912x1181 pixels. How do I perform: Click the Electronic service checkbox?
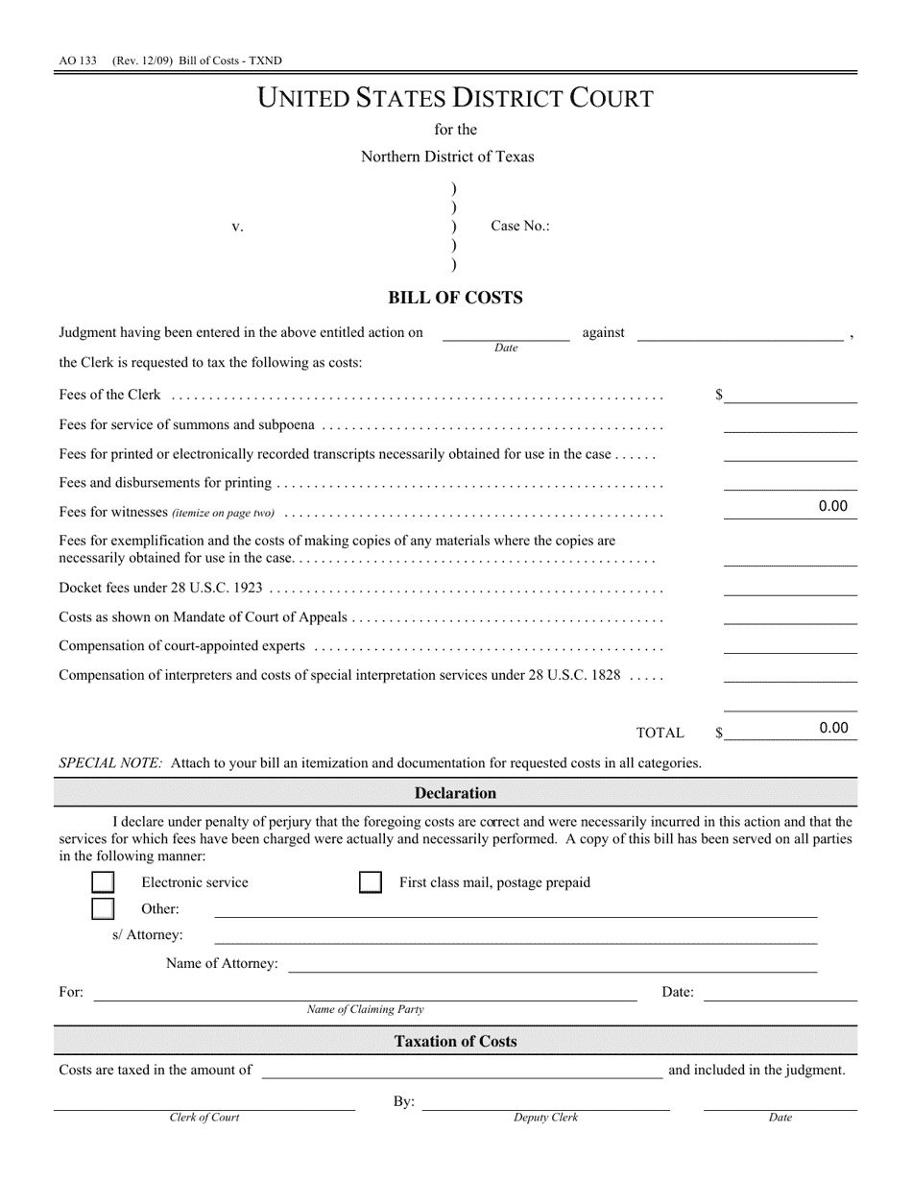click(x=103, y=882)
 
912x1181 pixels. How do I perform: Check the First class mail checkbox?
click(x=370, y=882)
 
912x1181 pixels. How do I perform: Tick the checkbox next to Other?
click(x=103, y=908)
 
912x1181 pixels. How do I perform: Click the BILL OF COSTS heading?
click(x=455, y=298)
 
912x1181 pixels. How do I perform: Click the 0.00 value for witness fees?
click(x=832, y=507)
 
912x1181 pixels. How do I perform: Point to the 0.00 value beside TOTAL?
click(x=833, y=728)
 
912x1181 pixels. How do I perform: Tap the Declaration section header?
click(x=455, y=793)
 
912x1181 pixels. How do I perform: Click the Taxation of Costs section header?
click(x=455, y=1041)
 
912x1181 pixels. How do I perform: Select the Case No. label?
click(x=520, y=227)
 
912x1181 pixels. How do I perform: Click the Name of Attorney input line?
click(x=552, y=963)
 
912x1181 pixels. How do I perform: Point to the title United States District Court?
click(x=455, y=98)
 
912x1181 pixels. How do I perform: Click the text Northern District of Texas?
click(x=447, y=157)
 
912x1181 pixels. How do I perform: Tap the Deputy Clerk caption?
click(x=545, y=1118)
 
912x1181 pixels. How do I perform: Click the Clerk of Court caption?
click(x=204, y=1118)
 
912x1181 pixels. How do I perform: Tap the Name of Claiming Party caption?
click(x=365, y=1010)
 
